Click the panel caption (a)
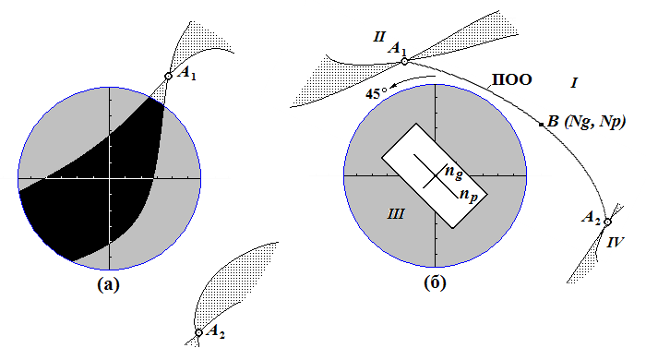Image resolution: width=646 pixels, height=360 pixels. (x=108, y=284)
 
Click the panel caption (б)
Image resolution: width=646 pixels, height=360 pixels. (x=435, y=283)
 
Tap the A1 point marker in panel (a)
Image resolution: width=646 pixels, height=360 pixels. (x=168, y=77)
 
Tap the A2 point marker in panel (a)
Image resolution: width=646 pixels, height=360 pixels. (x=198, y=332)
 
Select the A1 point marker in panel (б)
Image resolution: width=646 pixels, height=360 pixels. (x=404, y=61)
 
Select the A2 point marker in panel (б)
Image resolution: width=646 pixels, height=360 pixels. (x=607, y=222)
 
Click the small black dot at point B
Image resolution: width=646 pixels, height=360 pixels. (x=542, y=124)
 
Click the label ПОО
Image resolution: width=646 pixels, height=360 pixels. (x=512, y=79)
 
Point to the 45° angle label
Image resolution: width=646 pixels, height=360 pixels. (x=377, y=93)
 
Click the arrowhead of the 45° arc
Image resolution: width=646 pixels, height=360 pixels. (x=393, y=85)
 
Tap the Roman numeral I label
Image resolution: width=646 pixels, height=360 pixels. (x=574, y=83)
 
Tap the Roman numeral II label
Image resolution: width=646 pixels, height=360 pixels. (x=379, y=37)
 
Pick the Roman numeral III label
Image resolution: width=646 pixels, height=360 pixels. (x=396, y=214)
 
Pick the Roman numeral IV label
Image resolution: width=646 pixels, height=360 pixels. (x=616, y=242)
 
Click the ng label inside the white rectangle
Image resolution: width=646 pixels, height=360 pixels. (x=454, y=173)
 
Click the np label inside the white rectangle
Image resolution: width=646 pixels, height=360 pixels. (x=469, y=195)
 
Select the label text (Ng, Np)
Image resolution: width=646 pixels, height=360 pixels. (x=595, y=122)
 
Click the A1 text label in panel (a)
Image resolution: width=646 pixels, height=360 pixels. (x=186, y=73)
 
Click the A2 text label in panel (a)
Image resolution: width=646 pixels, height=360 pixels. (x=215, y=331)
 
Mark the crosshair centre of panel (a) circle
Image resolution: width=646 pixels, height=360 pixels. (x=110, y=178)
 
